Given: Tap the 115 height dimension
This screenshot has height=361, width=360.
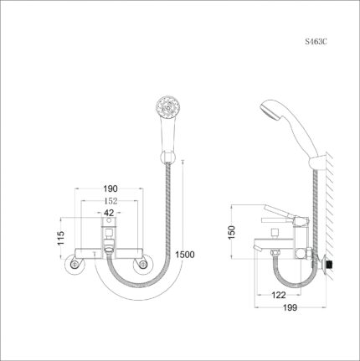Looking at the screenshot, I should coord(59,240).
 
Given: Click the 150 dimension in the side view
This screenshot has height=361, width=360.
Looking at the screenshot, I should coord(234,231).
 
